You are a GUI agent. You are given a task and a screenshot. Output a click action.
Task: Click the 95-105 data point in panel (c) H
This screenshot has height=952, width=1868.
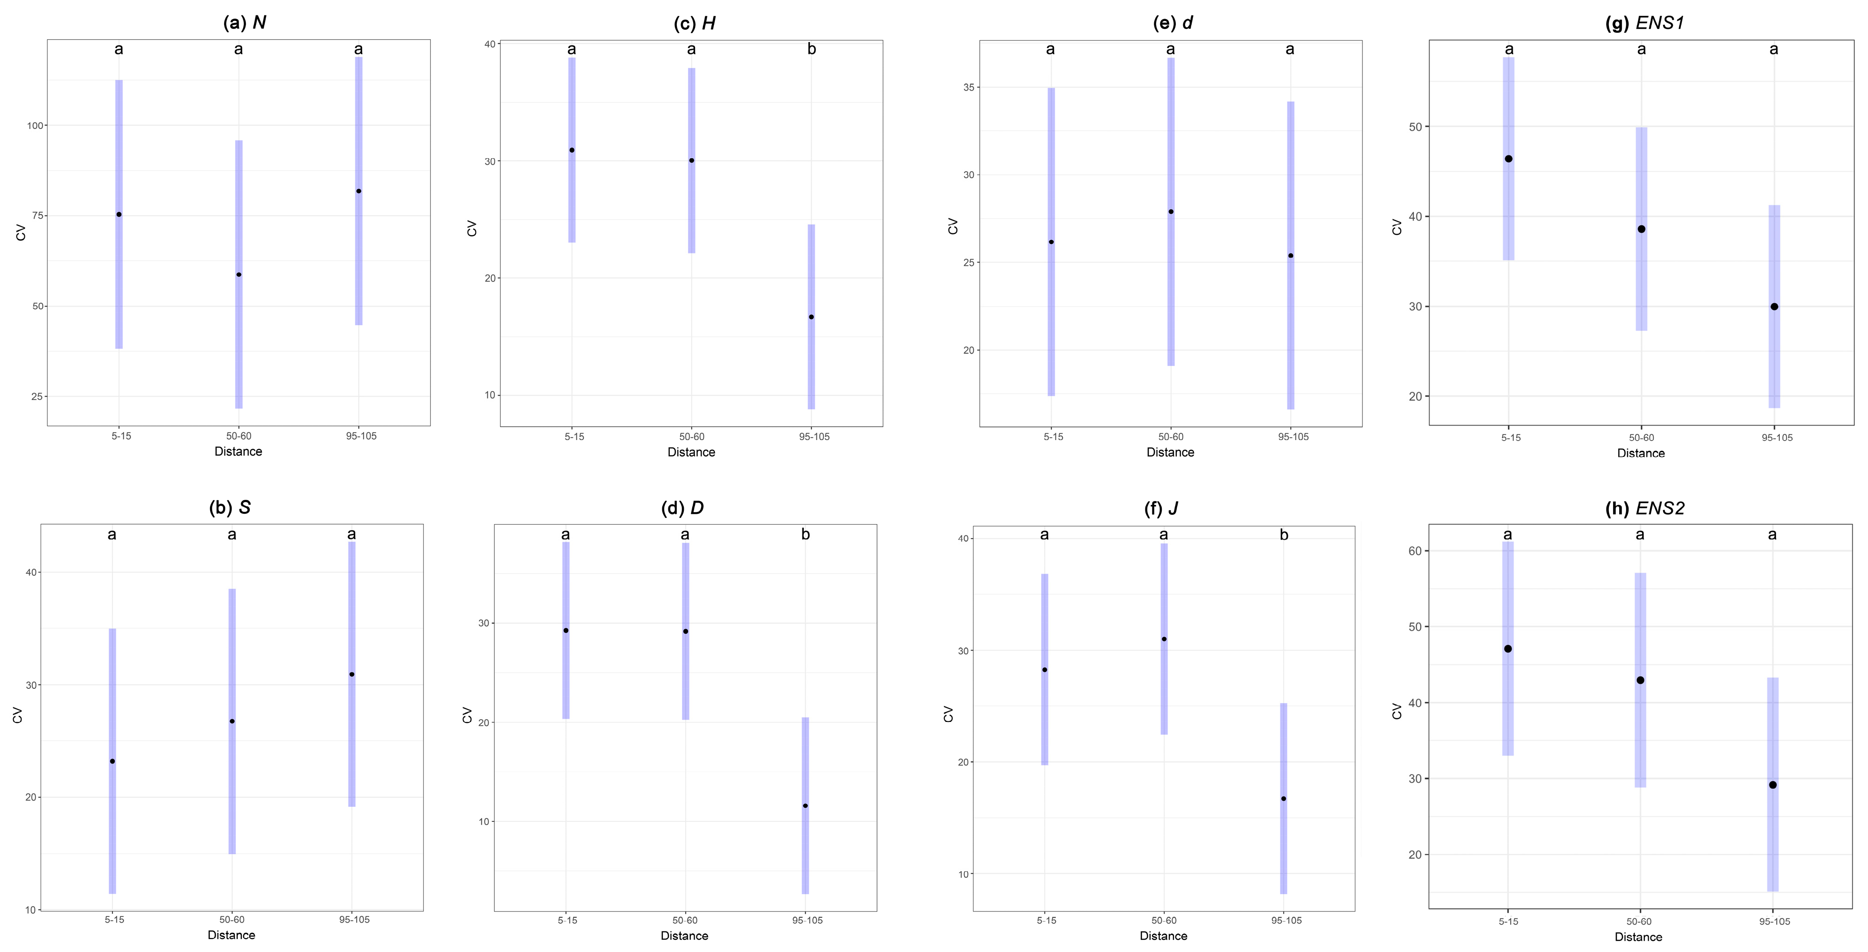(811, 317)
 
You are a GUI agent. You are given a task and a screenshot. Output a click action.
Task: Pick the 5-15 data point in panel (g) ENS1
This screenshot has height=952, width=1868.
(1508, 159)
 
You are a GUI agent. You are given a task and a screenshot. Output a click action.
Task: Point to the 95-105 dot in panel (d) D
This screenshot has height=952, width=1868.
(805, 805)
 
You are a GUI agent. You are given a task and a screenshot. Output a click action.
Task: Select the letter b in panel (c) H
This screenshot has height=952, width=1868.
(811, 49)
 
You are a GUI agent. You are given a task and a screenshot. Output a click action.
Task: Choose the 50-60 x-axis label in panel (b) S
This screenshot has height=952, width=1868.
(232, 919)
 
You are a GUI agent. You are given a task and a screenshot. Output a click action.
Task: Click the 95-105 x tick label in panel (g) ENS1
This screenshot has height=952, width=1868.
(1777, 437)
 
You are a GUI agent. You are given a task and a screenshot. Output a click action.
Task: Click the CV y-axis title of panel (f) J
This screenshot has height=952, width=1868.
(948, 714)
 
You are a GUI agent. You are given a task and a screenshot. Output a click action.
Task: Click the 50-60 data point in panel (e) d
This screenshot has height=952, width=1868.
(1170, 212)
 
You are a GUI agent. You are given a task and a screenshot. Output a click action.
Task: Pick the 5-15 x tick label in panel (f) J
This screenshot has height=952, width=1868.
(1046, 920)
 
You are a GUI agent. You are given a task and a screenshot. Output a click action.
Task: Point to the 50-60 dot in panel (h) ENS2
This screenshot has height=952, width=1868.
(1640, 680)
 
